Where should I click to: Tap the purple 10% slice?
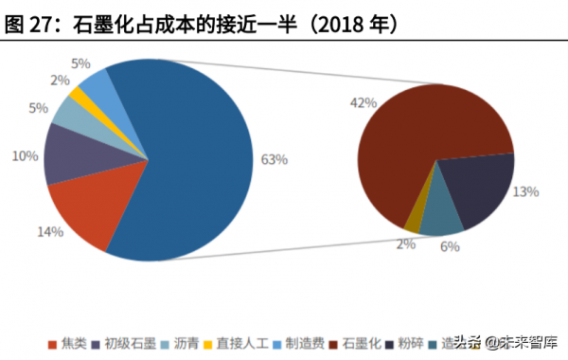[71, 157]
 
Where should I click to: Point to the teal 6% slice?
[440, 218]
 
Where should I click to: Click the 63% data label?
[274, 159]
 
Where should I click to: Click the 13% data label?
[525, 191]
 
